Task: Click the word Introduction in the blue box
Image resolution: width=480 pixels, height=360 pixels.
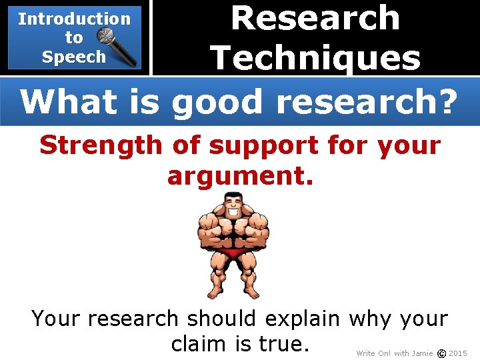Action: pyautogui.click(x=74, y=19)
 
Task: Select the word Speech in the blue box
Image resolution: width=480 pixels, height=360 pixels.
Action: pyautogui.click(x=73, y=57)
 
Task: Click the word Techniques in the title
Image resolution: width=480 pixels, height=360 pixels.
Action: pyautogui.click(x=315, y=57)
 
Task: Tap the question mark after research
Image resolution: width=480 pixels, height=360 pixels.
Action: pyautogui.click(x=446, y=101)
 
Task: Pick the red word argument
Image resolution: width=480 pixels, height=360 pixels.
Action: pyautogui.click(x=240, y=176)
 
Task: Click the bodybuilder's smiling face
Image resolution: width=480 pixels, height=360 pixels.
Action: pyautogui.click(x=233, y=204)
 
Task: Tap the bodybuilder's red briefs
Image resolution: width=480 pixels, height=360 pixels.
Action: pyautogui.click(x=233, y=253)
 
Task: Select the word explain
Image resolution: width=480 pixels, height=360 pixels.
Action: pyautogui.click(x=307, y=319)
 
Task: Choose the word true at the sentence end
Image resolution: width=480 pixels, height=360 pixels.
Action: pyautogui.click(x=283, y=343)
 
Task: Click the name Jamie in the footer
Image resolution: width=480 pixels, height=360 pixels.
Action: pyautogui.click(x=423, y=353)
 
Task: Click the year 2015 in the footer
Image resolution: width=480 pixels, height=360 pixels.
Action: pyautogui.click(x=458, y=353)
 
